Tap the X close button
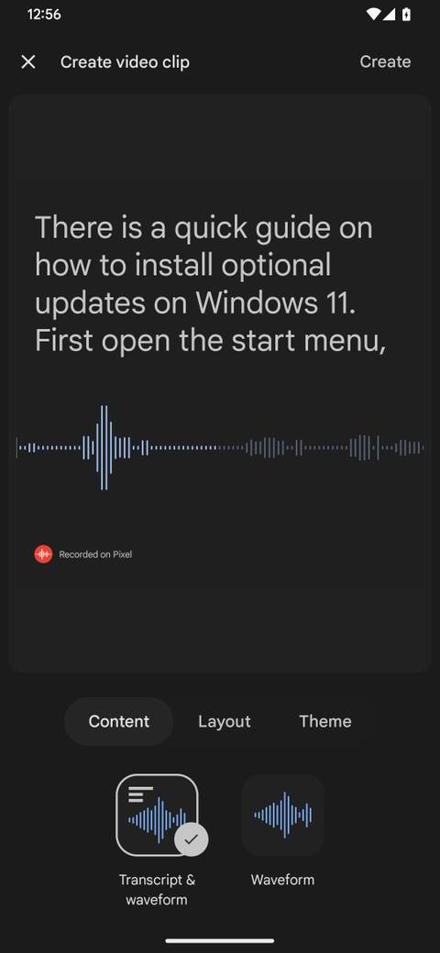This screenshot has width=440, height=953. tap(28, 61)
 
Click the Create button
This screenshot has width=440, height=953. tap(385, 61)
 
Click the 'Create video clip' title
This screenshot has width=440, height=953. tap(125, 61)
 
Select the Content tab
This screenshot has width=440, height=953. tap(118, 721)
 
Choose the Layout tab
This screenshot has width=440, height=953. tap(224, 721)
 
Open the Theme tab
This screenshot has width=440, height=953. tap(324, 721)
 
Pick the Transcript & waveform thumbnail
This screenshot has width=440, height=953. tap(157, 815)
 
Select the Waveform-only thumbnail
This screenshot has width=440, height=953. tap(282, 815)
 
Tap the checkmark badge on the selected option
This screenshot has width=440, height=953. tap(191, 838)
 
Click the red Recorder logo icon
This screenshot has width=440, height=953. tap(43, 553)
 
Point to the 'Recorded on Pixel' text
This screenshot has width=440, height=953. tap(95, 554)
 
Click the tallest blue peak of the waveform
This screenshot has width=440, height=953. tap(104, 447)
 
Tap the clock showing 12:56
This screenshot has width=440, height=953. tap(44, 15)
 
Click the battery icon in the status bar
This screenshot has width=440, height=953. tap(406, 15)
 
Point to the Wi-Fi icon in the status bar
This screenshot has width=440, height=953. tap(373, 15)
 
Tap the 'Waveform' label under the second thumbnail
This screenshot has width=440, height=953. tap(282, 880)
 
